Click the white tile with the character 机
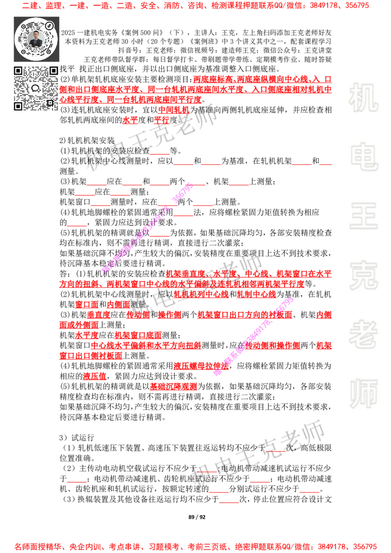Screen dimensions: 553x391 363,98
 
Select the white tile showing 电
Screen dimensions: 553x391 365,156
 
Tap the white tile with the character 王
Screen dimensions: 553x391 363,216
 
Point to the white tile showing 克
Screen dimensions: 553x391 363,276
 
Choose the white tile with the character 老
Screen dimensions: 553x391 363,334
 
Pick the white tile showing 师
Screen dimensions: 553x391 363,394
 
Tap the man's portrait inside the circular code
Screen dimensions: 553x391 36,39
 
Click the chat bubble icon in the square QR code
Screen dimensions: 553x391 36,88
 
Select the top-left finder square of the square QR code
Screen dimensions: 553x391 18,71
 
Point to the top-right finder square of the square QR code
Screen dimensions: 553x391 53,71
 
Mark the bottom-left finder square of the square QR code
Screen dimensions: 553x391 18,106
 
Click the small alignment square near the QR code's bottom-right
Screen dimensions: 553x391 49,102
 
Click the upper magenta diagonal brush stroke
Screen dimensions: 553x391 147,227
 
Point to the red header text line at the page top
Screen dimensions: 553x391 195,6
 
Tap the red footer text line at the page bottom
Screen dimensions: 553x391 195,546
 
